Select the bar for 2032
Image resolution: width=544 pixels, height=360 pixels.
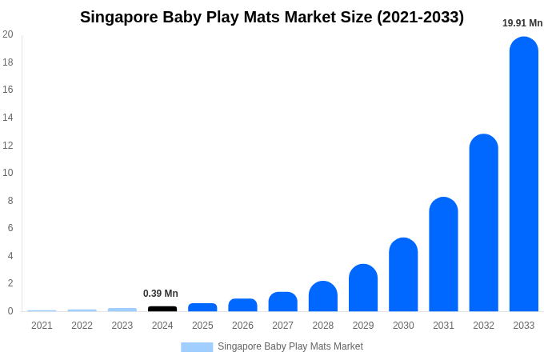pos(483,223)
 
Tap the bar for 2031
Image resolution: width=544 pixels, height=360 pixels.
pos(443,254)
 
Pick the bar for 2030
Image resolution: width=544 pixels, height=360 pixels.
pos(403,275)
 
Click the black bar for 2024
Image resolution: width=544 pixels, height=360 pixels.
pos(162,309)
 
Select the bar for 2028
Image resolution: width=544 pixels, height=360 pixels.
pos(323,297)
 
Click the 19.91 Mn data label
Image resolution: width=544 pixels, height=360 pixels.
pos(522,23)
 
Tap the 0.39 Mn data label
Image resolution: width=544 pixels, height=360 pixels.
pos(161,294)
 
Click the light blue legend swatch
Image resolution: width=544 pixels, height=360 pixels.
pos(197,347)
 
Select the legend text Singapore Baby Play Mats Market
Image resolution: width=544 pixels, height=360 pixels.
pos(290,346)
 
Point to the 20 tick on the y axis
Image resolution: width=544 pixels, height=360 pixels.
pos(8,34)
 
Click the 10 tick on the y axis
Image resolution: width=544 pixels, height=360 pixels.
pos(8,173)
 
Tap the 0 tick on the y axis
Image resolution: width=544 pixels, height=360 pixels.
pos(10,311)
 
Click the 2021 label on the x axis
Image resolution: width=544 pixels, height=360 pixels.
pos(42,326)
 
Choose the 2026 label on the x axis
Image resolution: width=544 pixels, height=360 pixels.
pos(242,326)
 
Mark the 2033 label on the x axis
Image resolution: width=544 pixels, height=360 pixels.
pos(523,326)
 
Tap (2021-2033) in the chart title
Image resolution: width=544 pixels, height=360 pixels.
pos(420,17)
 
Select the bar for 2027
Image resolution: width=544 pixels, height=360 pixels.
pos(283,302)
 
